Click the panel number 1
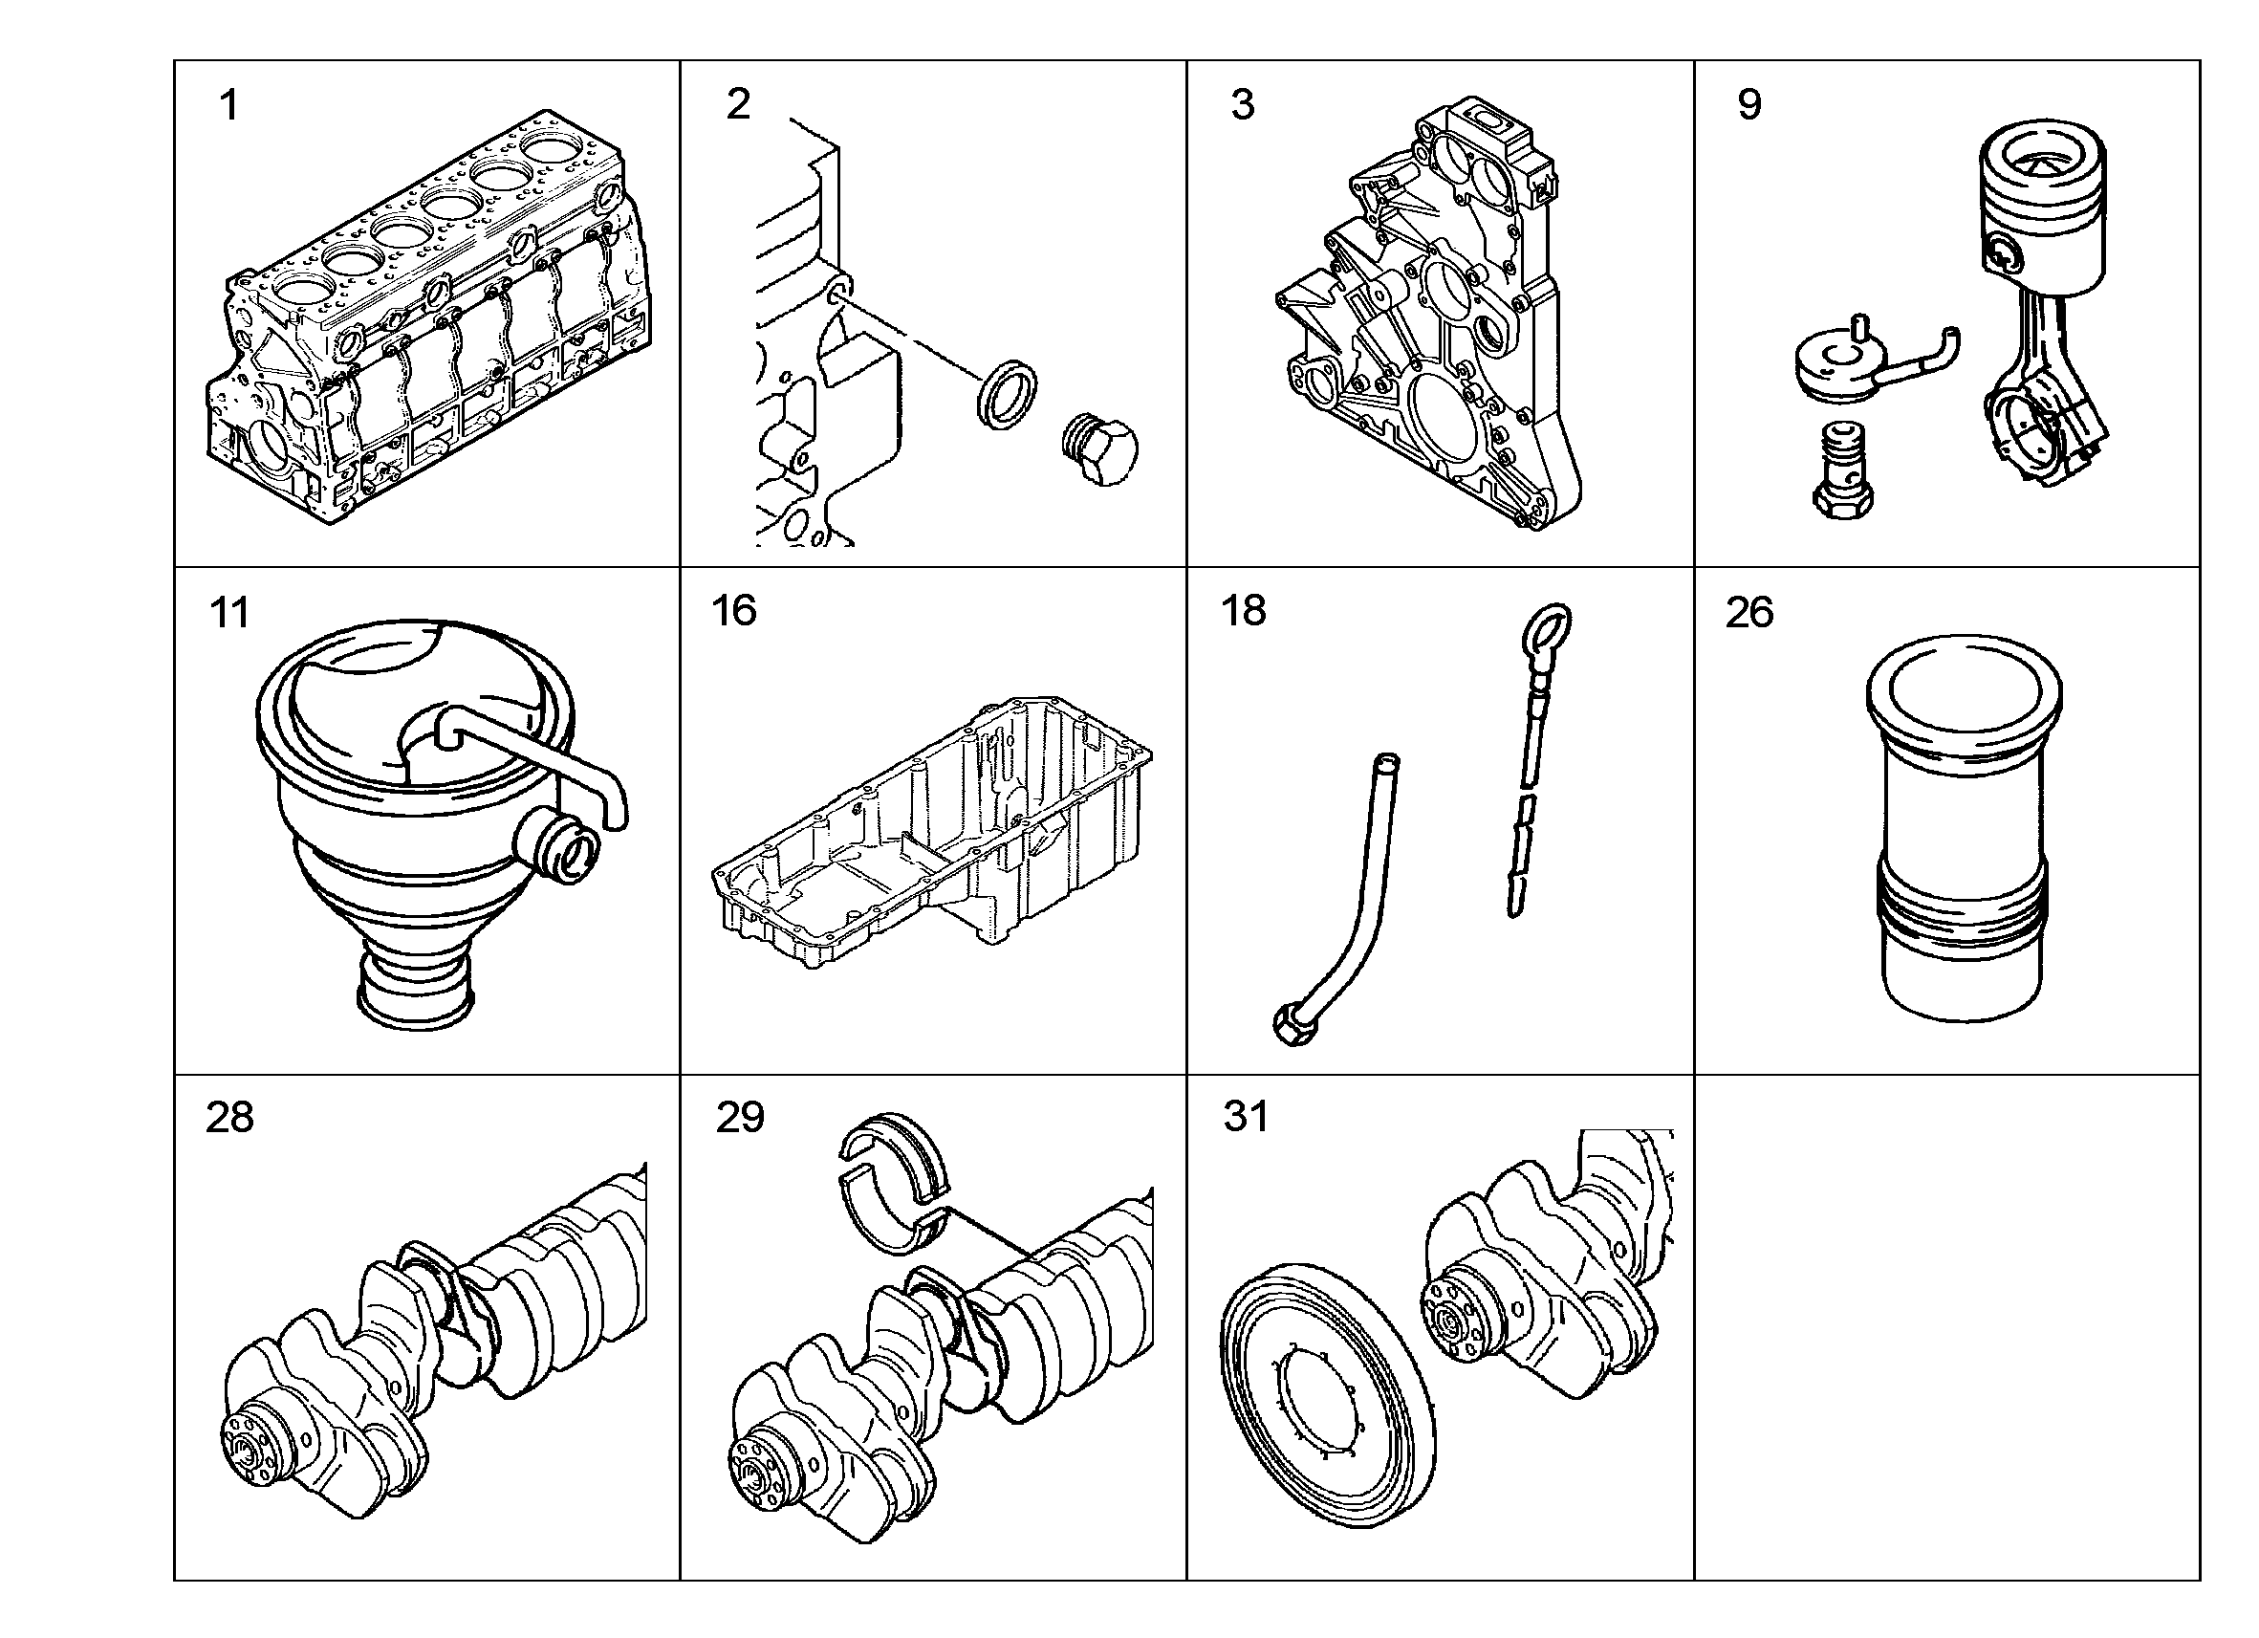228,104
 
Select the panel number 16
734,611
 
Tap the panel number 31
1247,1117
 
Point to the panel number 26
1750,613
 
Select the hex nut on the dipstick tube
1292,1025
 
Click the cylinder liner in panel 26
1963,827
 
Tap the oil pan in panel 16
933,833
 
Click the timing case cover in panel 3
1429,314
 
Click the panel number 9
1749,104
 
